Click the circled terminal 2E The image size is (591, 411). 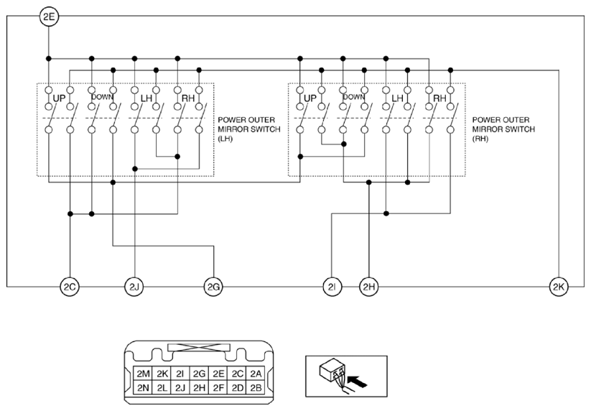pyautogui.click(x=49, y=17)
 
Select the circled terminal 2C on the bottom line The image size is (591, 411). pyautogui.click(x=70, y=287)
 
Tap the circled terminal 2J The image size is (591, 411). pyautogui.click(x=134, y=287)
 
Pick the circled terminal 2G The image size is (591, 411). pyautogui.click(x=213, y=287)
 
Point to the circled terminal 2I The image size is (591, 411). pyautogui.click(x=332, y=287)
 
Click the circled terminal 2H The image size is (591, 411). pyautogui.click(x=368, y=287)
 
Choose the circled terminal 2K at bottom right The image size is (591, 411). pyautogui.click(x=558, y=287)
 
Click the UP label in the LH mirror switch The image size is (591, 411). pyautogui.click(x=59, y=98)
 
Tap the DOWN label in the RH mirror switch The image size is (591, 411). pyautogui.click(x=354, y=97)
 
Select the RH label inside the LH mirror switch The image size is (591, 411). pyautogui.click(x=188, y=98)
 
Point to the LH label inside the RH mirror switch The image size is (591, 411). pyautogui.click(x=398, y=98)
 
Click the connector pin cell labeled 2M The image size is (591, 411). pyautogui.click(x=143, y=374)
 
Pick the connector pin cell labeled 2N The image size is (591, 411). pyautogui.click(x=143, y=387)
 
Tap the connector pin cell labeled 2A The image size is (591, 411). pyautogui.click(x=256, y=374)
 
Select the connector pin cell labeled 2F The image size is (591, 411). pyautogui.click(x=218, y=387)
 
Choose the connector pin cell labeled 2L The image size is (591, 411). pyautogui.click(x=162, y=387)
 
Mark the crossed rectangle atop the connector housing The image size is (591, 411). pyautogui.click(x=199, y=348)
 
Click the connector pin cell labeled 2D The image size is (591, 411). pyautogui.click(x=237, y=387)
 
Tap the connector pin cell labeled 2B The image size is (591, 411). pyautogui.click(x=256, y=387)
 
